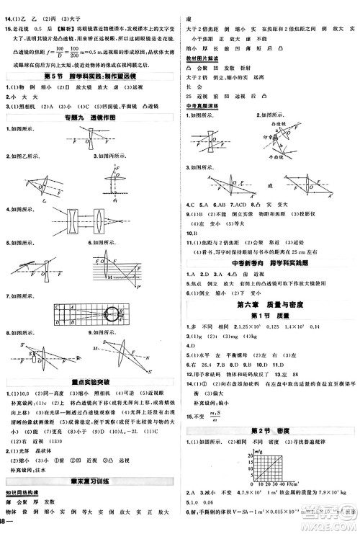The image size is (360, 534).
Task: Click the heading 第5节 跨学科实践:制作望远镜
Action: (89, 76)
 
